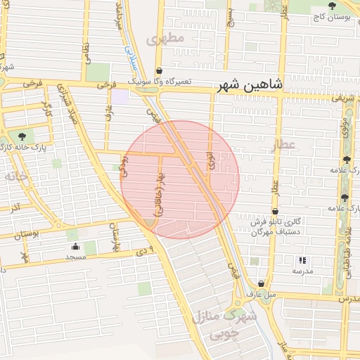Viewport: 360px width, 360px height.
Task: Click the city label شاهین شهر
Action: tap(250, 84)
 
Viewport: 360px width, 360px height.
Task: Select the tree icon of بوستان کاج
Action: tap(331, 6)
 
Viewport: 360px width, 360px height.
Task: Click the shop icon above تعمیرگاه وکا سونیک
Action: tap(160, 72)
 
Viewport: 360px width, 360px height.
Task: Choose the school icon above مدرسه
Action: tap(302, 260)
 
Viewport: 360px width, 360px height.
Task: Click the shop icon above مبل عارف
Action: tap(261, 283)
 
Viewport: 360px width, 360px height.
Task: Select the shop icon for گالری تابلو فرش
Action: tap(274, 210)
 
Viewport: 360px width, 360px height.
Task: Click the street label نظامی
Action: tap(86, 53)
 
